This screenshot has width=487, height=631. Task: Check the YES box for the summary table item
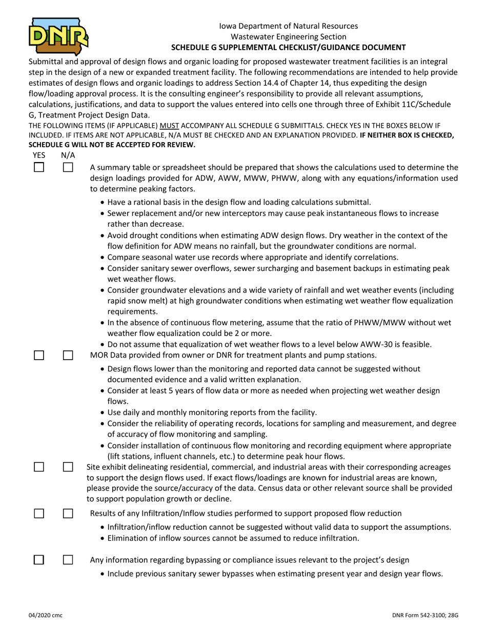pyautogui.click(x=39, y=167)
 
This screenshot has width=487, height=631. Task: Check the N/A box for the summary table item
pyautogui.click(x=68, y=167)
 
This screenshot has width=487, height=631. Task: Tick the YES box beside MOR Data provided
pyautogui.click(x=39, y=355)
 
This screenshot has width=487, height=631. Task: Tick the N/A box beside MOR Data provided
pyautogui.click(x=68, y=355)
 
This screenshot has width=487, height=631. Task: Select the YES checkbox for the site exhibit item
pyautogui.click(x=39, y=467)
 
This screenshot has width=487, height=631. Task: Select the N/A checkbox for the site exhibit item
pyautogui.click(x=68, y=467)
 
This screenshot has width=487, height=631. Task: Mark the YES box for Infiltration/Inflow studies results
pyautogui.click(x=39, y=514)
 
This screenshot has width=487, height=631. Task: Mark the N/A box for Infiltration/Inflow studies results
pyautogui.click(x=68, y=514)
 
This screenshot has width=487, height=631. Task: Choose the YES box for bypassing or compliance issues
pyautogui.click(x=39, y=560)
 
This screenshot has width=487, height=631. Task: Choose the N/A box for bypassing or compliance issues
pyautogui.click(x=68, y=560)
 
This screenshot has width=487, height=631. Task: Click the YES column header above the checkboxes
pyautogui.click(x=39, y=155)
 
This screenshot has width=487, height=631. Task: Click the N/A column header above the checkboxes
pyautogui.click(x=68, y=155)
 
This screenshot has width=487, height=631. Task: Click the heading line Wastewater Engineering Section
pyautogui.click(x=288, y=36)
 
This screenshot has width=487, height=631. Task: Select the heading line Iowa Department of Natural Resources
pyautogui.click(x=288, y=26)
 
